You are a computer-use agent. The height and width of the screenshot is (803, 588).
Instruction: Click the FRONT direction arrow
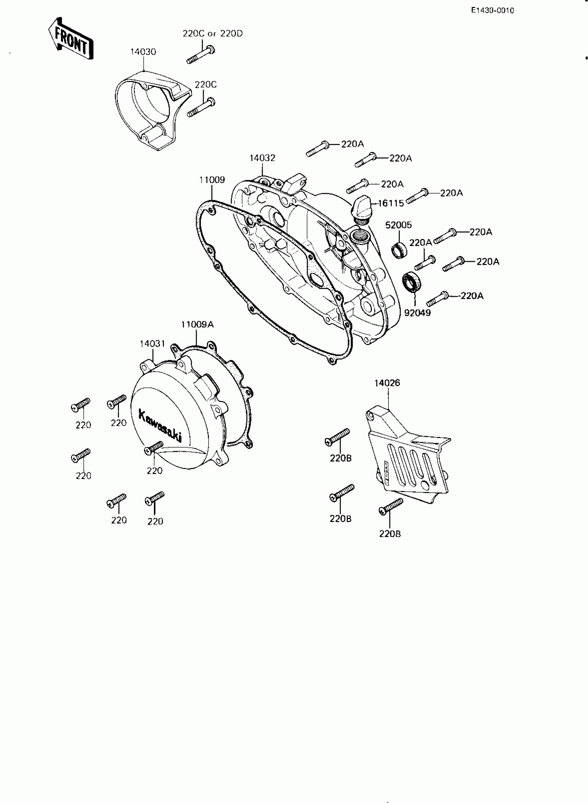(x=71, y=38)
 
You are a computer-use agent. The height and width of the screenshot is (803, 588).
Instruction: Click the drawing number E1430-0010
(x=492, y=11)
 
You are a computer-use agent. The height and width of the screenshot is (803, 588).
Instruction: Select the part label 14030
(x=143, y=52)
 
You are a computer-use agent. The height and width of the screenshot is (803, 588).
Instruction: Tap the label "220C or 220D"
(x=212, y=34)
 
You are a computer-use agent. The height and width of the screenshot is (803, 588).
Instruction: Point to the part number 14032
(x=262, y=158)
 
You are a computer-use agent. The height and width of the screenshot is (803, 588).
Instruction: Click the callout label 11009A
(x=197, y=325)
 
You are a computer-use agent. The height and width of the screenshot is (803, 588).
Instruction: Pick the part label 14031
(x=152, y=344)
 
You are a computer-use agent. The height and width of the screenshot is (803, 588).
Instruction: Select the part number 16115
(x=391, y=203)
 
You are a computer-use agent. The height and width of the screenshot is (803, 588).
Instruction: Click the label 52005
(x=398, y=225)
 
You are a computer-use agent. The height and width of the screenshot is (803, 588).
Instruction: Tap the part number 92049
(x=417, y=313)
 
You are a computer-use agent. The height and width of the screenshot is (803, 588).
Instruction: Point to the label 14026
(x=387, y=383)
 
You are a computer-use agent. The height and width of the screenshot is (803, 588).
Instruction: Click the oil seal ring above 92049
(x=412, y=282)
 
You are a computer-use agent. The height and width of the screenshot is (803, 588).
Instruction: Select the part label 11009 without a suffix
(x=212, y=180)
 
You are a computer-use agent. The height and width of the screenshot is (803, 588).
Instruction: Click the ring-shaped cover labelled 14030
(x=149, y=110)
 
